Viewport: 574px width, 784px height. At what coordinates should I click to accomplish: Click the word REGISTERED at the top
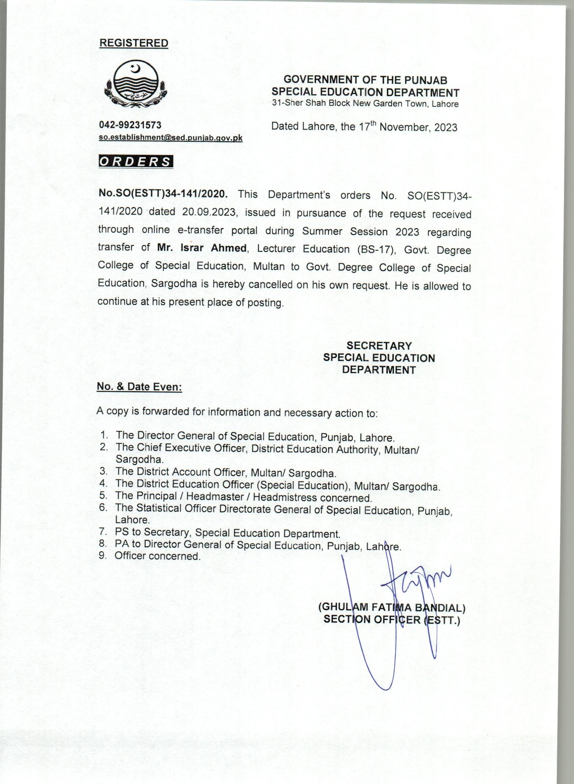point(134,43)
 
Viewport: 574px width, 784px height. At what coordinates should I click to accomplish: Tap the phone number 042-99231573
point(130,125)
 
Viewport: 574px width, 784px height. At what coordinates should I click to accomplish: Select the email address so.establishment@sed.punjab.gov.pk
point(171,137)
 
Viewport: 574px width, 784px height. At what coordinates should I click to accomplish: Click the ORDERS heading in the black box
point(136,162)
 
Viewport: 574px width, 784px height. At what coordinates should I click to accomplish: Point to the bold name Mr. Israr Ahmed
point(202,248)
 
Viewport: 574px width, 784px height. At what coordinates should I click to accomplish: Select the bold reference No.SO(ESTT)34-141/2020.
point(163,194)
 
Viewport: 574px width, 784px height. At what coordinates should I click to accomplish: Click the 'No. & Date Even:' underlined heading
point(139,387)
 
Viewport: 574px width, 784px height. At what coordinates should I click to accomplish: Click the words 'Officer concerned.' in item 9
point(158,556)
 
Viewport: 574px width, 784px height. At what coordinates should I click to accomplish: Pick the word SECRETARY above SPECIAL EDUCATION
point(379,346)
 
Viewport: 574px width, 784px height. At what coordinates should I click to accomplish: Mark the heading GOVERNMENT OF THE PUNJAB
point(365,80)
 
